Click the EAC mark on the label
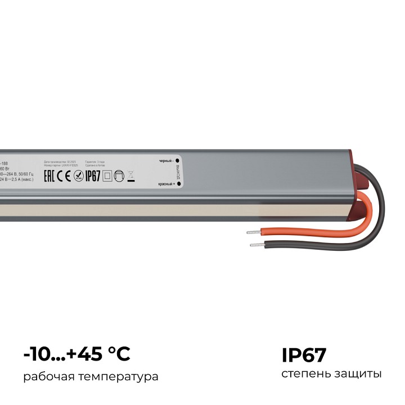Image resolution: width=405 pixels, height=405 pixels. coord(51,176)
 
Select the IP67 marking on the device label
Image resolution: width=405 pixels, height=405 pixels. coord(92,176)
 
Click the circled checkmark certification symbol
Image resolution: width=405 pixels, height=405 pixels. coord(79,176)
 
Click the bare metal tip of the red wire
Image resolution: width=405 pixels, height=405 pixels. coord(253,231)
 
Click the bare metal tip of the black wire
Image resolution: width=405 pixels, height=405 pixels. coord(256,245)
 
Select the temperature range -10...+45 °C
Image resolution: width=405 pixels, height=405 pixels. coord(77,354)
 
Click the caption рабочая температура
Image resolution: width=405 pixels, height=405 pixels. coord(91,376)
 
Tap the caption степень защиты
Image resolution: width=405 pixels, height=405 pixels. coord(331,374)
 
